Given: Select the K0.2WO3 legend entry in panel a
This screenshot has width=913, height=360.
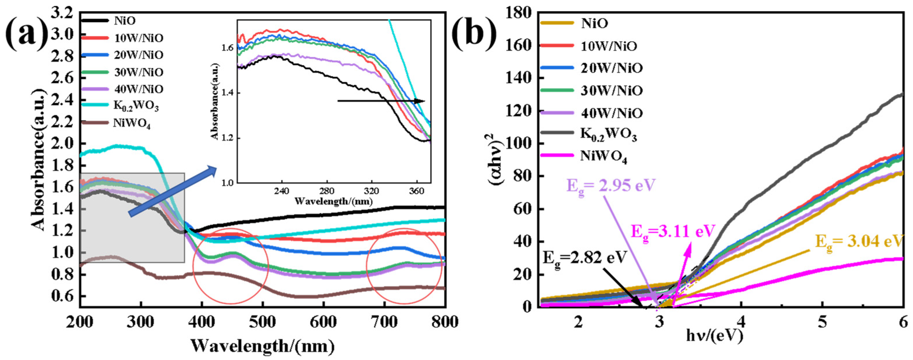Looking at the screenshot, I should [x=136, y=106].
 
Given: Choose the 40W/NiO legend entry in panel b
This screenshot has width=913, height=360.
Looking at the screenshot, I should [x=611, y=113].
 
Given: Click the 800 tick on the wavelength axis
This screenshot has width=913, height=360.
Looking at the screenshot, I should [x=445, y=322].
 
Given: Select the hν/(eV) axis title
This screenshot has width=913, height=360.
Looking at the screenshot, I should [x=714, y=335].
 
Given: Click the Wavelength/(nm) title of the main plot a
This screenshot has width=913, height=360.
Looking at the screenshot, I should [x=263, y=346].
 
